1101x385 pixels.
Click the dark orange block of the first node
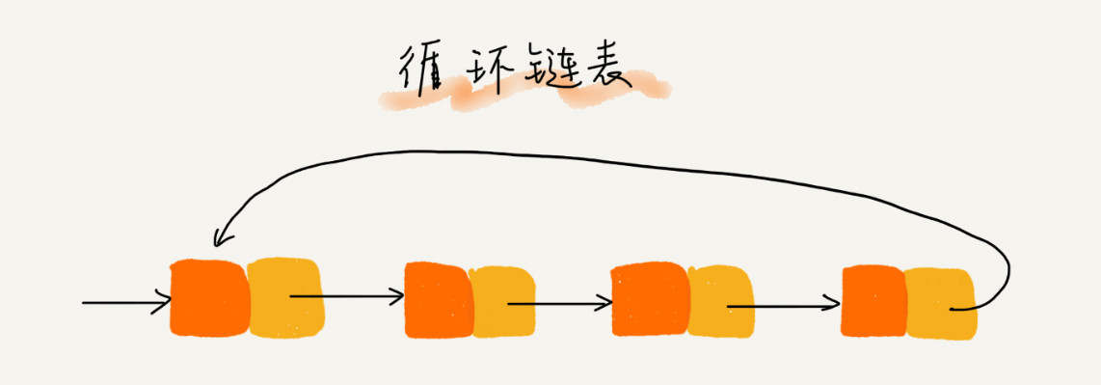point(208,297)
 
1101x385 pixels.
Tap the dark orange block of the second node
point(438,299)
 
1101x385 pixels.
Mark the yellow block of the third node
point(718,301)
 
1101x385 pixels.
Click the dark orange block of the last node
point(873,302)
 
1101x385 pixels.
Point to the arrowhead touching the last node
point(833,308)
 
